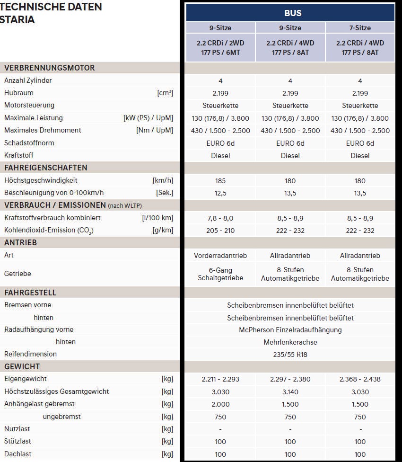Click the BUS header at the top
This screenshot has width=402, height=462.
coord(290,13)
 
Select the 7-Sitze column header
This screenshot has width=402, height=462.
coord(360,28)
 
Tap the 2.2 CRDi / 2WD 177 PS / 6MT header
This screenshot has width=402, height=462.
coord(220,47)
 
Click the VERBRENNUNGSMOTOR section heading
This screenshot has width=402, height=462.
coord(50,68)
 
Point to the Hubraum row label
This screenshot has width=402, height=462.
coord(19,93)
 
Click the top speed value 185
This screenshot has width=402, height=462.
coord(220,180)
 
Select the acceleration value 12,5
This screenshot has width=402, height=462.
coord(220,193)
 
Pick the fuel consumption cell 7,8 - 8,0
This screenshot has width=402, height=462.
coord(220,218)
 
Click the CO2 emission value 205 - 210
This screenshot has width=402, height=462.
coord(220,231)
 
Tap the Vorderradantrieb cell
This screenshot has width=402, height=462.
coord(220,255)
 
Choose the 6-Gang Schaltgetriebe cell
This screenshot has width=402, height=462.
coord(220,274)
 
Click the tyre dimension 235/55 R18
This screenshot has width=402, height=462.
coord(290,354)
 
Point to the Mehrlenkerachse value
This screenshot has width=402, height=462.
coord(290,342)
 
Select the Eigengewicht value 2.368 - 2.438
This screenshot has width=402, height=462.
coord(360,379)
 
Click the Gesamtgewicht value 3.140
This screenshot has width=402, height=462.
coord(290,391)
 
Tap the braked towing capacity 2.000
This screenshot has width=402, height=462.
coord(220,404)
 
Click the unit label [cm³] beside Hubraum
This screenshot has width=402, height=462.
coord(165,93)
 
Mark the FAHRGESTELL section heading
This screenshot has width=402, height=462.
coord(30,293)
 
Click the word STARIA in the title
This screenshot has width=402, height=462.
coord(17,19)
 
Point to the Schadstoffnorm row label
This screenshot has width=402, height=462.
coord(29,142)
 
